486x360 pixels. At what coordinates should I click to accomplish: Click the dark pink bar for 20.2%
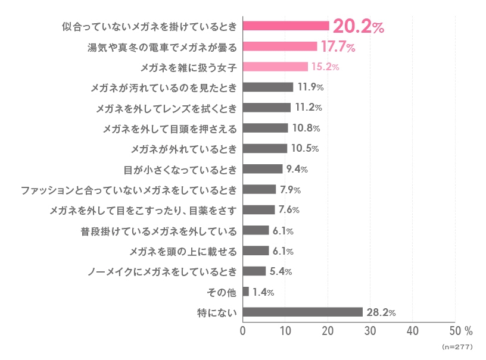tap(286, 26)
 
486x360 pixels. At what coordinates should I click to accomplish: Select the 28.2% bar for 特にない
tap(303, 312)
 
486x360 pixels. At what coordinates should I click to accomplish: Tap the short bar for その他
tap(246, 292)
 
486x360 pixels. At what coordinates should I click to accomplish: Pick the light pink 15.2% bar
tap(275, 67)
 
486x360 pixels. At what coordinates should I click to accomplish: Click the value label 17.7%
tap(338, 46)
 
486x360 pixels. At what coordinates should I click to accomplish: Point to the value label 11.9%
tap(310, 87)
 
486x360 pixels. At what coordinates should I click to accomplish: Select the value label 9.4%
tap(297, 169)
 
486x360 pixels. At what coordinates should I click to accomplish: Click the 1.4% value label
tap(263, 292)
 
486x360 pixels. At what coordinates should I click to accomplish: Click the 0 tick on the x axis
tap(243, 330)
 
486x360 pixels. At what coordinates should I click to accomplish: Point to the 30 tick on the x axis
tap(370, 330)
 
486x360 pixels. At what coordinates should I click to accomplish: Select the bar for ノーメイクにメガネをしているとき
tap(254, 271)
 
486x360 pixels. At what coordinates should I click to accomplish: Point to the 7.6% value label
tap(289, 210)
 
